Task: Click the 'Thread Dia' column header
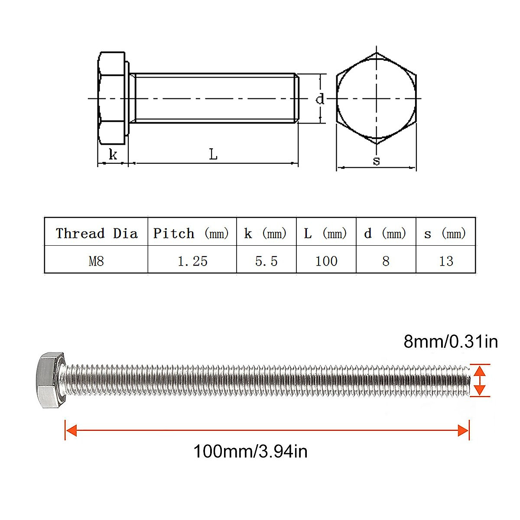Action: (96, 233)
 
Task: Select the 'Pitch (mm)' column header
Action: (191, 233)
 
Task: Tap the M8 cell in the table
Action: (96, 261)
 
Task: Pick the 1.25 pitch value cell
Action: (192, 261)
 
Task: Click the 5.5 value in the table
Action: (266, 261)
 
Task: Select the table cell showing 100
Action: (326, 261)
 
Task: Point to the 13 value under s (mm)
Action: (446, 261)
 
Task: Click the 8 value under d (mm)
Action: (386, 261)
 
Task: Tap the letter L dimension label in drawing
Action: (213, 154)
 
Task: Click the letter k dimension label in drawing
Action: (113, 154)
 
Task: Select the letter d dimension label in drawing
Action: (320, 99)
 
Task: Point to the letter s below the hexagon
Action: (376, 161)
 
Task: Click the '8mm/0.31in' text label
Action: (451, 341)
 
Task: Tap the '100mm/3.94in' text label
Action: (250, 452)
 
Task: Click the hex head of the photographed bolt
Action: (49, 380)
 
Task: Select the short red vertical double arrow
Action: (479, 380)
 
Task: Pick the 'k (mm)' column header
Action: (265, 233)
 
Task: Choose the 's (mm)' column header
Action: (445, 233)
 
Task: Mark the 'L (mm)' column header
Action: (325, 233)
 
